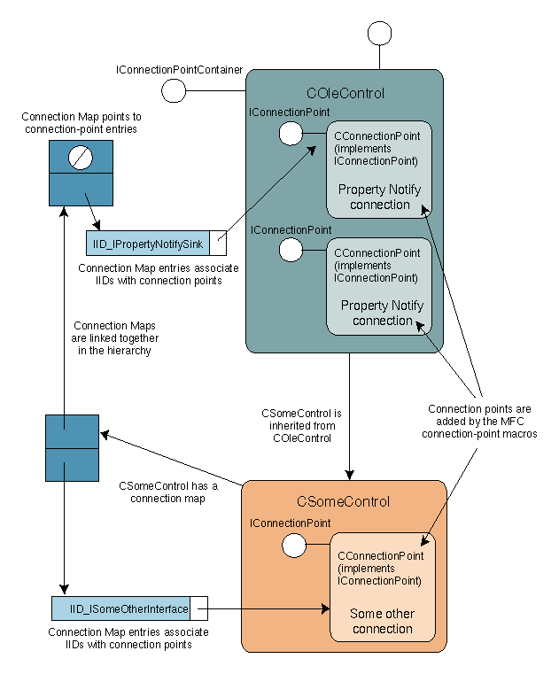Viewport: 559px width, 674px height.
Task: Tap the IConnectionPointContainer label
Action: [180, 68]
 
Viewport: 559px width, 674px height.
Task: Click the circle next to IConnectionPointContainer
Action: [173, 90]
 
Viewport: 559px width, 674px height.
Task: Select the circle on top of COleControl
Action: [379, 33]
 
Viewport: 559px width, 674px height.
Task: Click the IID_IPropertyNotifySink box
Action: [148, 243]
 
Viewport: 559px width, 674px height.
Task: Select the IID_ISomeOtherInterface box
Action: [120, 608]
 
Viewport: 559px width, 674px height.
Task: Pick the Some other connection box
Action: [382, 588]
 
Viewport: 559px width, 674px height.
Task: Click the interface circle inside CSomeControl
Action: [292, 546]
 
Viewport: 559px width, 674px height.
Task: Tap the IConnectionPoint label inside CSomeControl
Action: [290, 524]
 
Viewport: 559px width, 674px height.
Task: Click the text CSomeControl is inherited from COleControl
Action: [298, 425]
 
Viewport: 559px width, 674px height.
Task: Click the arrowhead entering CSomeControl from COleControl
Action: [350, 475]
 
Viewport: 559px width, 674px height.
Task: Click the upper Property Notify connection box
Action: [379, 169]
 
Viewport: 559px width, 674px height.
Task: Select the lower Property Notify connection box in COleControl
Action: [379, 285]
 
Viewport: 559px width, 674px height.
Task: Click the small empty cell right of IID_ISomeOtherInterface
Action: [199, 608]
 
